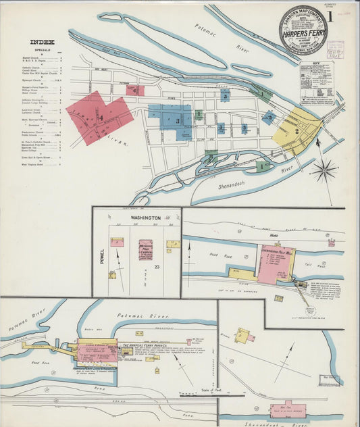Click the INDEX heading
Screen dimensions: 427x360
[x=43, y=42]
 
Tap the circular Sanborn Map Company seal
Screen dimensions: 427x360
[x=303, y=30]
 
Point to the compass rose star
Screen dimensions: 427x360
[x=324, y=170]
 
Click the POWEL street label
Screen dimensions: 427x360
[x=103, y=256]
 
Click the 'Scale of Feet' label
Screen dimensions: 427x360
[x=211, y=390]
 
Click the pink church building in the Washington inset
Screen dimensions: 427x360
[x=145, y=249]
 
